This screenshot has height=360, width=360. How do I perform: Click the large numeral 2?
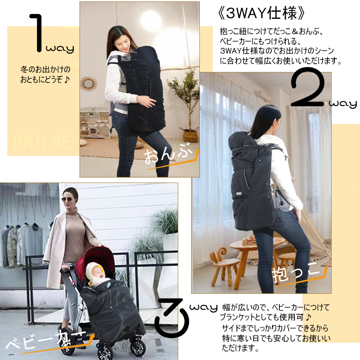[308, 88]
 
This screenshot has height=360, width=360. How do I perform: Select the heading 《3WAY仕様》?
[262, 13]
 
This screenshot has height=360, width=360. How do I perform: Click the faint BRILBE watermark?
[42, 143]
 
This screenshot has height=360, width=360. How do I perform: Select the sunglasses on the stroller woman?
[68, 200]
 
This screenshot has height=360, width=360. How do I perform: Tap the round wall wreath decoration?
[89, 84]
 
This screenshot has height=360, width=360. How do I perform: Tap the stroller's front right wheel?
[137, 347]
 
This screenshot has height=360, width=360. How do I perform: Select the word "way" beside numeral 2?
[342, 105]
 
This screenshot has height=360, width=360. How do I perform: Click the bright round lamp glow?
[151, 21]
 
